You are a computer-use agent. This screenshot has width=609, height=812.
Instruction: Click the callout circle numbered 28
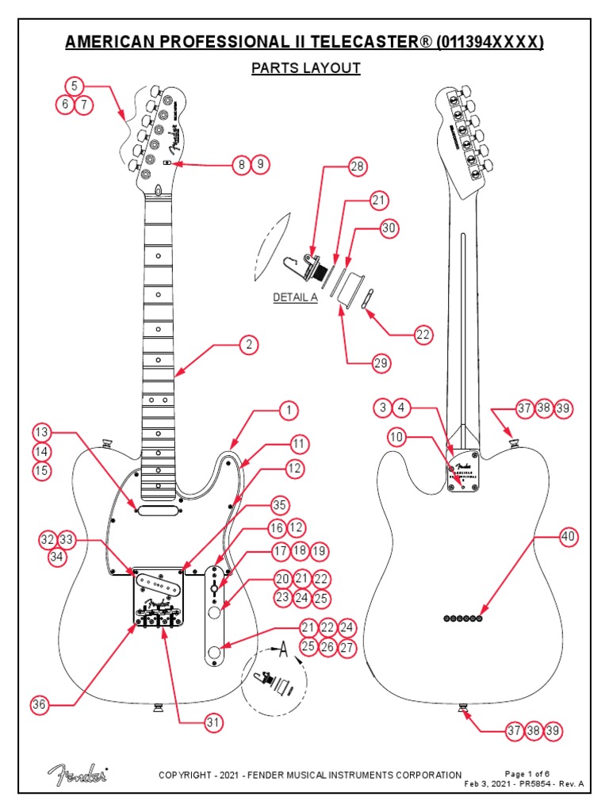(x=358, y=167)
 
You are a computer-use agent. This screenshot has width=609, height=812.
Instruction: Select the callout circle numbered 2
(x=249, y=345)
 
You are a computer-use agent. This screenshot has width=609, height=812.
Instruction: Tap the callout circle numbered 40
(x=568, y=537)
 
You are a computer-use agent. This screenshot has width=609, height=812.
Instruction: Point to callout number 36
(x=40, y=704)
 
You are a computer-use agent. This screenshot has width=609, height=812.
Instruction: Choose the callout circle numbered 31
(x=212, y=722)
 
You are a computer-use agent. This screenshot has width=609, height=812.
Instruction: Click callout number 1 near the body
(x=289, y=410)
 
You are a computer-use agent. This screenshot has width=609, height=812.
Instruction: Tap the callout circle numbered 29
(x=381, y=363)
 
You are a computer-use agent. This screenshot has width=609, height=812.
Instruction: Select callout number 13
(x=42, y=432)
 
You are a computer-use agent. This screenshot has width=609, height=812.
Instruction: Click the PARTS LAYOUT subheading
(x=305, y=68)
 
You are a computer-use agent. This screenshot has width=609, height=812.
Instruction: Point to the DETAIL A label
(x=295, y=297)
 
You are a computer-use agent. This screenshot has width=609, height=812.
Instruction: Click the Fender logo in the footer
(x=77, y=773)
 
